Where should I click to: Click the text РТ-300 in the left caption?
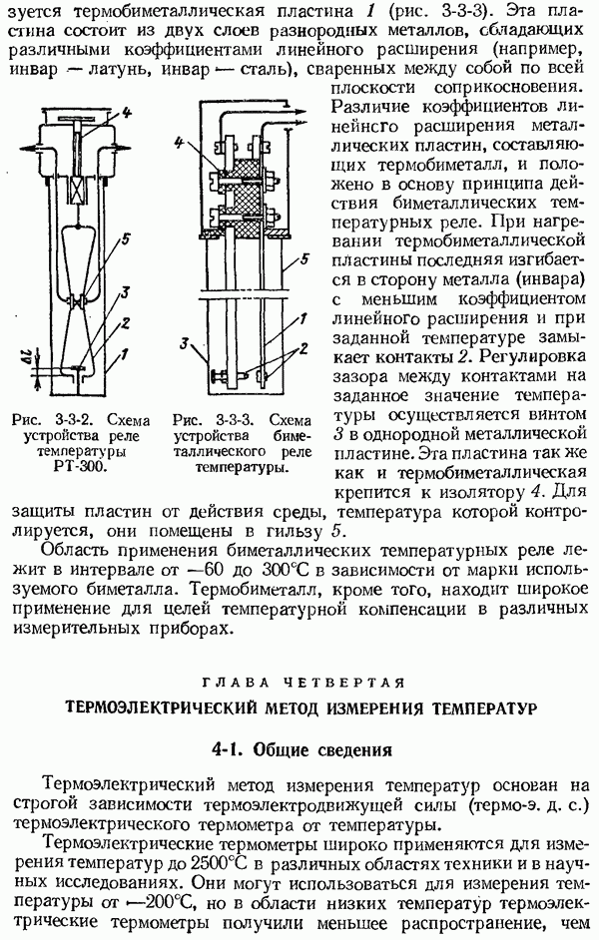click(86, 466)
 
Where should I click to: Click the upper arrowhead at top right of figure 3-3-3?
click(301, 118)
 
